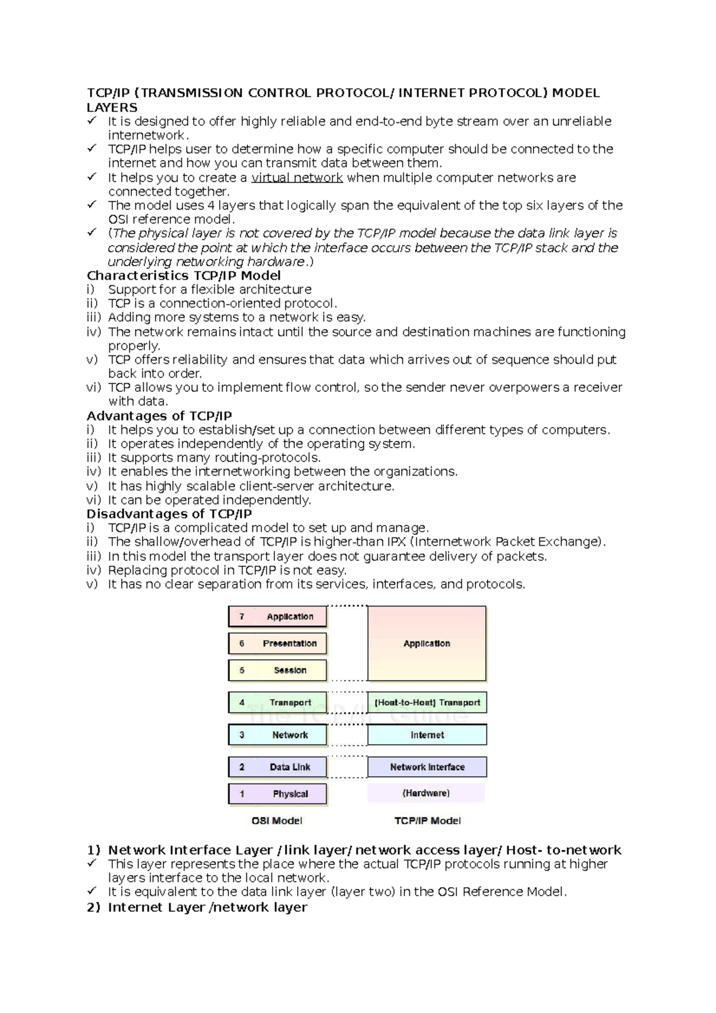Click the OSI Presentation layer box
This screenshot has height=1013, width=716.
click(x=277, y=643)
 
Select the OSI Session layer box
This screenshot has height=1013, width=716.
click(x=277, y=670)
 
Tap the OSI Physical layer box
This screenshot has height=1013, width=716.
click(x=277, y=793)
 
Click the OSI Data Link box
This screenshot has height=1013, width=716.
click(x=277, y=767)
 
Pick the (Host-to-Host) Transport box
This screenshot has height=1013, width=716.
click(x=427, y=702)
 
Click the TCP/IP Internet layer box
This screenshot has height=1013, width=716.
click(x=427, y=735)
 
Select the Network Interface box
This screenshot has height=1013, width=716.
click(x=427, y=767)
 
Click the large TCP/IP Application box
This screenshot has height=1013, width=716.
click(x=427, y=643)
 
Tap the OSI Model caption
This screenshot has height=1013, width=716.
click(x=277, y=820)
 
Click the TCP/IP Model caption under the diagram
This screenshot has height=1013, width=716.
click(x=427, y=820)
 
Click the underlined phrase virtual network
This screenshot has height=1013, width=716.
click(x=297, y=178)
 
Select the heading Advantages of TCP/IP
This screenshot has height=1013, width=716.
click(x=159, y=416)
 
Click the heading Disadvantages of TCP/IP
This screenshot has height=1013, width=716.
click(x=169, y=514)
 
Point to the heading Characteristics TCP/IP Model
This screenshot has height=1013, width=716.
click(x=184, y=276)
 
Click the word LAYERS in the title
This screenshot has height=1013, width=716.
click(x=112, y=107)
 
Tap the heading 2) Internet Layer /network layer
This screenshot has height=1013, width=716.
click(x=197, y=907)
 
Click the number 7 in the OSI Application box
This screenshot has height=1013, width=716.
click(x=242, y=616)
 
